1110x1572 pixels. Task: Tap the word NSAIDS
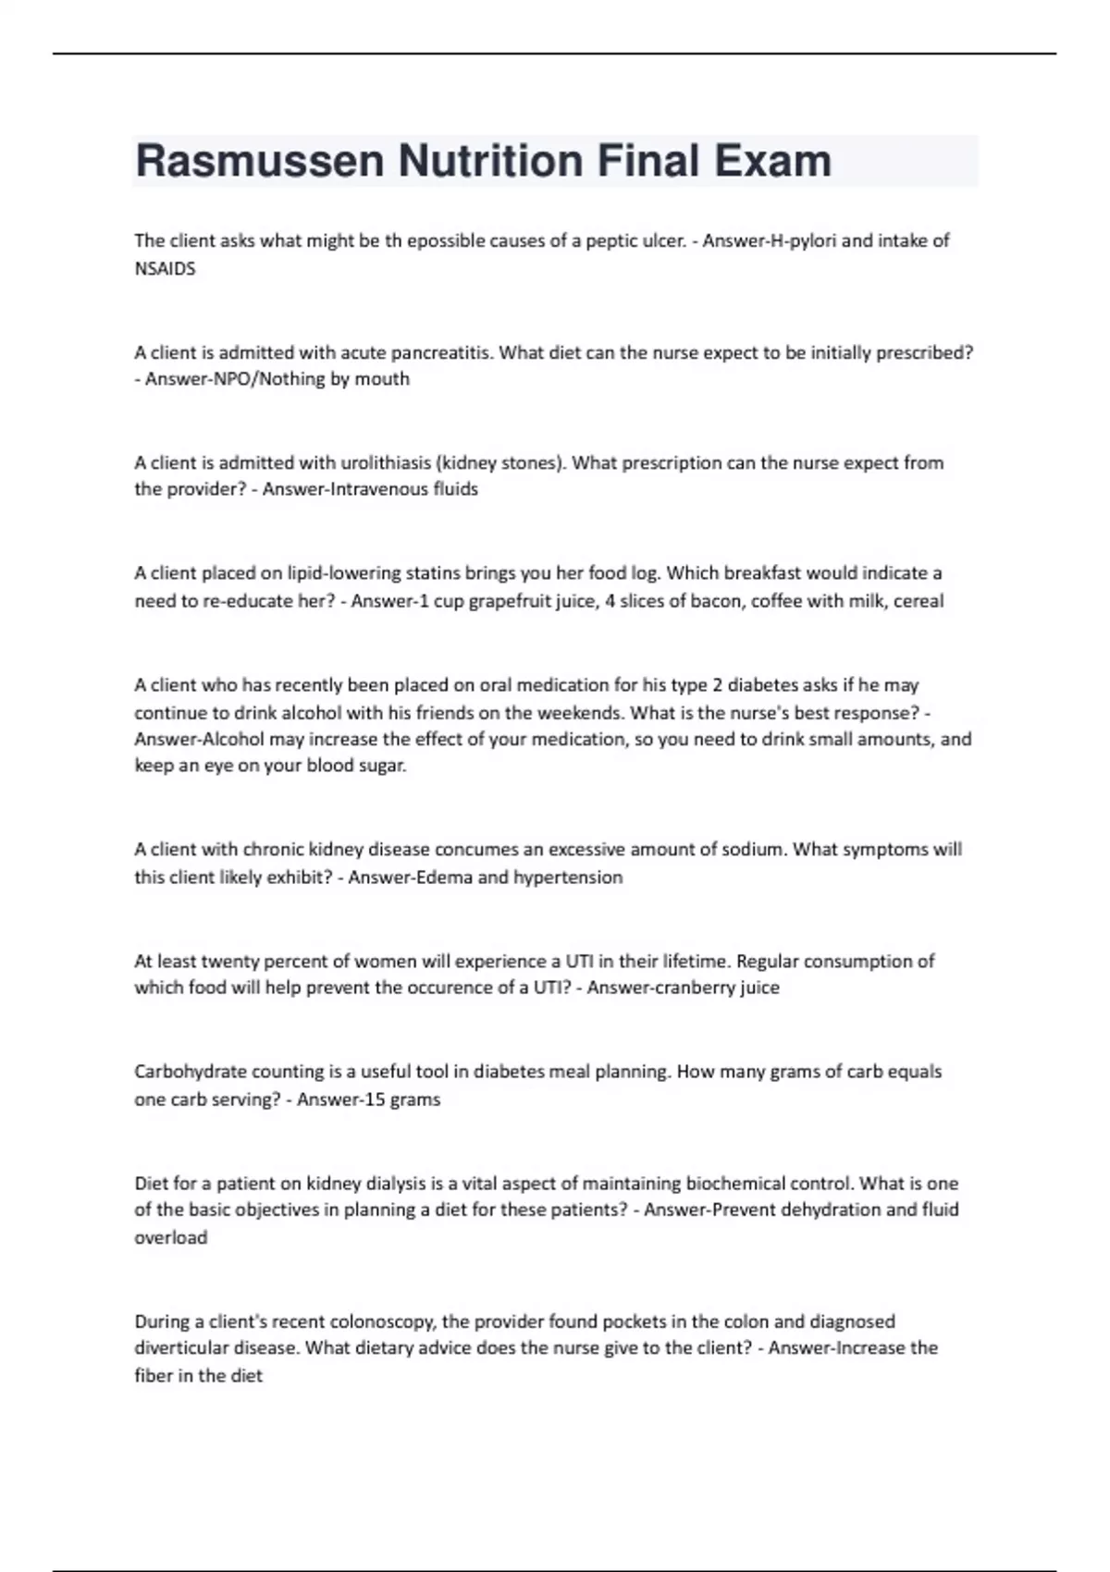tap(165, 269)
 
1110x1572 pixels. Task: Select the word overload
tap(171, 1237)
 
